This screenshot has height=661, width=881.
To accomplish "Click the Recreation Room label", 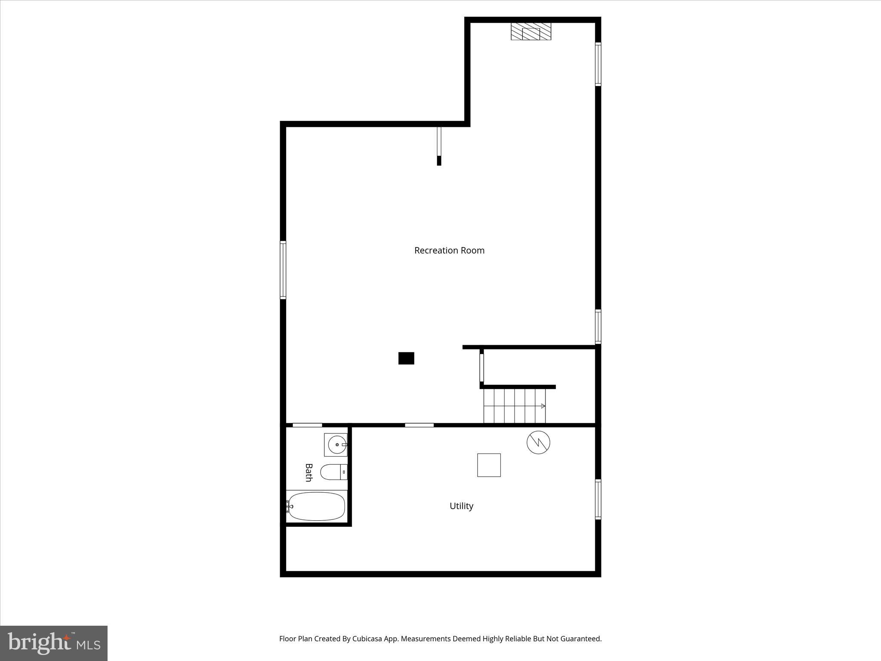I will [x=449, y=250].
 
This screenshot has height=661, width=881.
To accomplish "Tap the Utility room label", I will [x=461, y=506].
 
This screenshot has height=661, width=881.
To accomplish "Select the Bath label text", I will [x=308, y=472].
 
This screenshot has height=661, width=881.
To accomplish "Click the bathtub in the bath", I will [x=317, y=506].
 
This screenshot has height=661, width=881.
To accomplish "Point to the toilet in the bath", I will [x=333, y=472].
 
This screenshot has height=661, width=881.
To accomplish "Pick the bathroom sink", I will [x=336, y=445].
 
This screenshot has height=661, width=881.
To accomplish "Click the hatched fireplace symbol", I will [x=531, y=32].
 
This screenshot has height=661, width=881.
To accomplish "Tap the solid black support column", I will [x=406, y=358].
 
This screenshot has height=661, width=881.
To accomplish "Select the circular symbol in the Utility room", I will [x=538, y=442].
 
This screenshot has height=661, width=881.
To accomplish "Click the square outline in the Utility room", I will [x=489, y=465].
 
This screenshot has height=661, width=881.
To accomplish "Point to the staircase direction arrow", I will [x=542, y=406].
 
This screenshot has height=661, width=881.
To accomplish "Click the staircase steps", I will [x=514, y=406].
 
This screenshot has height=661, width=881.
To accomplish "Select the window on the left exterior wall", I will [x=283, y=270].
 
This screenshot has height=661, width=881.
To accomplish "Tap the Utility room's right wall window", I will [x=598, y=499].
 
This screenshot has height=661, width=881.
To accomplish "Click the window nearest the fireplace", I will [x=598, y=64].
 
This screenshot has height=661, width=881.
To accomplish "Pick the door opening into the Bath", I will [x=307, y=425].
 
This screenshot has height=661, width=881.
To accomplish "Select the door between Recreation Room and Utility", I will [x=419, y=425].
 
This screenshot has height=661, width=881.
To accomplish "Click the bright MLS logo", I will [x=54, y=643].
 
